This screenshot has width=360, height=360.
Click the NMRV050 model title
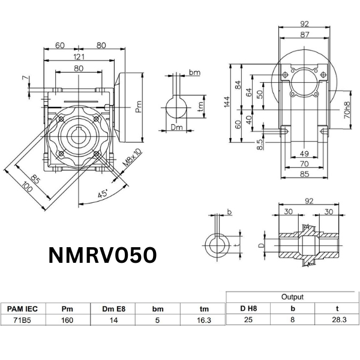(102, 256)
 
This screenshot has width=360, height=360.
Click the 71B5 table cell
(23, 320)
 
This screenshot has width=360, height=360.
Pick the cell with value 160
(68, 320)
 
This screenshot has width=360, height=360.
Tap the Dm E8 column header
(113, 310)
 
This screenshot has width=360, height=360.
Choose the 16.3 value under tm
(204, 320)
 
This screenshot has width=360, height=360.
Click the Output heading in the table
(292, 297)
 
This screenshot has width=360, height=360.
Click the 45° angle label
(103, 194)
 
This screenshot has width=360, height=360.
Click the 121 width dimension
(79, 56)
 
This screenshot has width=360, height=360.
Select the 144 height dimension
(227, 103)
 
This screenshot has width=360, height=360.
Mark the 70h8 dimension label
(347, 110)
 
